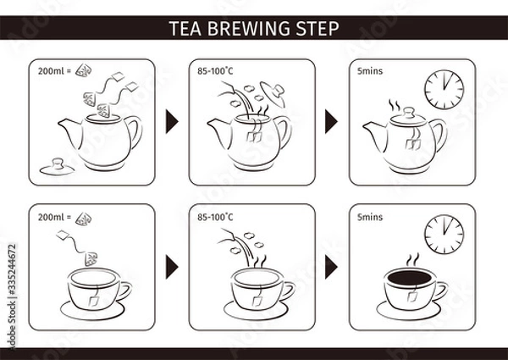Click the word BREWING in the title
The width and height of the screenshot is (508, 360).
[x=254, y=27]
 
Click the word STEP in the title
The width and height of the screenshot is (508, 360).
[x=318, y=27]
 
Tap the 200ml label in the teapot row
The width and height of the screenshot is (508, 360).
[x=51, y=72]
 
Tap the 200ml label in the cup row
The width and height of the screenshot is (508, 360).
[x=51, y=217]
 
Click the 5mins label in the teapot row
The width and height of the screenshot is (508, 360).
[x=370, y=72]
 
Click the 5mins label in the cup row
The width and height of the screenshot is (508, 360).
[x=370, y=217]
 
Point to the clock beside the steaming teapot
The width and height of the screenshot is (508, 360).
[x=444, y=87]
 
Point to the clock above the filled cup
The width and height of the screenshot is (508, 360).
[x=444, y=232]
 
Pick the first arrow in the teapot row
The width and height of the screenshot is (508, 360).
[x=173, y=121]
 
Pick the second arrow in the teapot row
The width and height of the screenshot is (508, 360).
[x=332, y=121]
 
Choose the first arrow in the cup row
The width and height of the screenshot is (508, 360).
[x=173, y=266]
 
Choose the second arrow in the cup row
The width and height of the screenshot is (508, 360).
[x=332, y=266]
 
